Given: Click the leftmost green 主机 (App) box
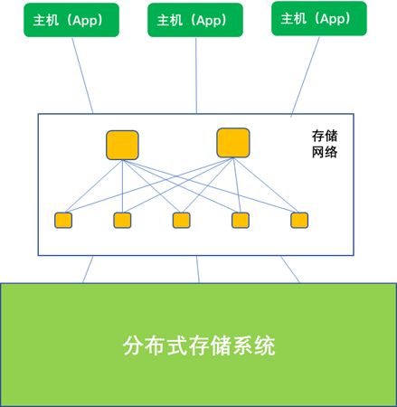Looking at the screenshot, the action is coord(71,20).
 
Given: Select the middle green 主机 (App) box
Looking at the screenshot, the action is coord(195,20).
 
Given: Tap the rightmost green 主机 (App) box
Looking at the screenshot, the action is coord(319,18).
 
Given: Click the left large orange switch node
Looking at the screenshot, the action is coord(122,145).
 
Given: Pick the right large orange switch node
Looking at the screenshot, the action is coord(233,143).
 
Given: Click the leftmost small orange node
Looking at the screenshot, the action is coord(63,220).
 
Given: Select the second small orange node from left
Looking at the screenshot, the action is coord(122,220).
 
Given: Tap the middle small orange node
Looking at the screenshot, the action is coord(182,220).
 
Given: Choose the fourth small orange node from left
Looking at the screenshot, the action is coord(241,220).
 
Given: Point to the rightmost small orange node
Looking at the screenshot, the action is coord(299,220).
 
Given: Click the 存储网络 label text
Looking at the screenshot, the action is coord(325,144).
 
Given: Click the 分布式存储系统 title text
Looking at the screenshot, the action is coord(199,345).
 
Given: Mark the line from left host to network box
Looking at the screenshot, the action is coord(82,75).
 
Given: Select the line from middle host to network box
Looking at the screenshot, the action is coord(196,75).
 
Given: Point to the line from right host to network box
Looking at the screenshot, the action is coord(306,76).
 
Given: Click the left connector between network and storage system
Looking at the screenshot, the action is coord(88,270).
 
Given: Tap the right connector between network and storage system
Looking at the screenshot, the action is coord(290,270).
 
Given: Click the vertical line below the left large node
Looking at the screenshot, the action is coord(122,186).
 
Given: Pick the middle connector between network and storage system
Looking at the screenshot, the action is coord(198,270).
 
